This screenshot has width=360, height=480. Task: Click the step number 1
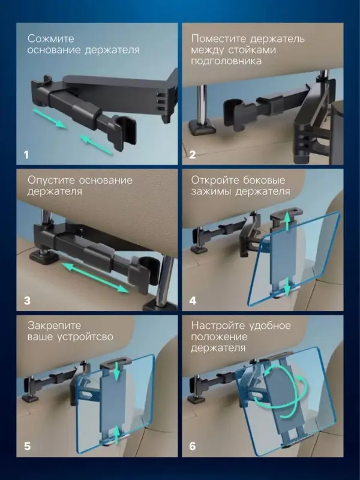(x=26, y=155)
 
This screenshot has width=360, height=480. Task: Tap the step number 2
(x=192, y=155)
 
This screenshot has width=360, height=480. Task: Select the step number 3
(x=27, y=301)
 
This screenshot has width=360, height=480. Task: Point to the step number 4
(x=193, y=301)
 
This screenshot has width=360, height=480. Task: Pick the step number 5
(x=27, y=446)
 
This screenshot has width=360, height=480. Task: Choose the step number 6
(x=193, y=446)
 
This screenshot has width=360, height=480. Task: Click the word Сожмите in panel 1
(x=51, y=38)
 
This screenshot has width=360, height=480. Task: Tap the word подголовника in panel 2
(x=226, y=61)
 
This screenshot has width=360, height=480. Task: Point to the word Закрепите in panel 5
(x=55, y=325)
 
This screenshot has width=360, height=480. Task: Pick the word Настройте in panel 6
(x=218, y=325)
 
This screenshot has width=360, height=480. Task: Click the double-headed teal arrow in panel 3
(x=95, y=277)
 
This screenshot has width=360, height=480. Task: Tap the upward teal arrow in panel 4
(x=287, y=222)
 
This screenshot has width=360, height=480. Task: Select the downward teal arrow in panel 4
(x=287, y=287)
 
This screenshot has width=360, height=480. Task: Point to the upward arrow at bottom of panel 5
(x=117, y=436)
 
